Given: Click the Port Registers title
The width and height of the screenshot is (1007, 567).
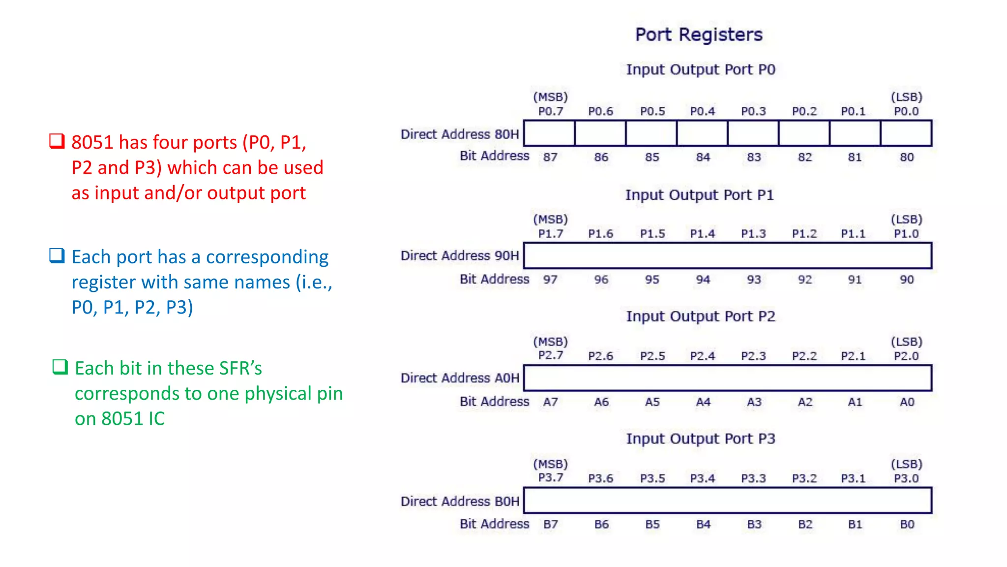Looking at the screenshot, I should pyautogui.click(x=699, y=35).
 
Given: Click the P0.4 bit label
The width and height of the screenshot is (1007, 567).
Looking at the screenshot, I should pyautogui.click(x=702, y=111).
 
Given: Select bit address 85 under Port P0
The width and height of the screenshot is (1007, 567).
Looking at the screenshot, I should pyautogui.click(x=652, y=157).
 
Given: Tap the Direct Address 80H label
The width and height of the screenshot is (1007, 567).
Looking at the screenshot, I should pyautogui.click(x=460, y=134).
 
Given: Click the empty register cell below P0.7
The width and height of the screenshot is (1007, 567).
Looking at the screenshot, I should pyautogui.click(x=549, y=133).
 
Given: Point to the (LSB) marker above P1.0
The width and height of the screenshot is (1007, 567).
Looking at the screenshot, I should pyautogui.click(x=906, y=220).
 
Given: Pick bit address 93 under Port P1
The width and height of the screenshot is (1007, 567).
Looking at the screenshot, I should pyautogui.click(x=754, y=280).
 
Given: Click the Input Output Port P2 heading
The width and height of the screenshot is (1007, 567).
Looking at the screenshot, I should pyautogui.click(x=700, y=316).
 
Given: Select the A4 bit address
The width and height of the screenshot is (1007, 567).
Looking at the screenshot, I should pyautogui.click(x=703, y=402).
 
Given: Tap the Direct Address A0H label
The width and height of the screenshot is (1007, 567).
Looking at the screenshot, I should pyautogui.click(x=460, y=378).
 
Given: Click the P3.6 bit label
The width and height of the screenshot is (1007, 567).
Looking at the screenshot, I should pyautogui.click(x=600, y=478).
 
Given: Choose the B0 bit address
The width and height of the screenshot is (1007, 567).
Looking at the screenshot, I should pyautogui.click(x=907, y=525).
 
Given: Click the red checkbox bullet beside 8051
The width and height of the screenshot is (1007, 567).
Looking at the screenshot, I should pyautogui.click(x=57, y=141).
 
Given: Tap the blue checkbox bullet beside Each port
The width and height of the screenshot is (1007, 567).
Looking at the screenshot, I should pyautogui.click(x=57, y=255).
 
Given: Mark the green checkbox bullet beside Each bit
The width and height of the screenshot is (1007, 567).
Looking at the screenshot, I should pyautogui.click(x=60, y=367).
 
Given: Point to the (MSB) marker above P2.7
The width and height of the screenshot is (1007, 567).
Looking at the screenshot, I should pyautogui.click(x=550, y=342).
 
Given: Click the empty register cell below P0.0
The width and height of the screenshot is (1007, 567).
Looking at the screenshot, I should pyautogui.click(x=906, y=133).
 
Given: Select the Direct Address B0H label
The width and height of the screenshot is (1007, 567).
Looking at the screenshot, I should pyautogui.click(x=460, y=501).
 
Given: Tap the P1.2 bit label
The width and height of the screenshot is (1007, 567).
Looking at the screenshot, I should pyautogui.click(x=804, y=234).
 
